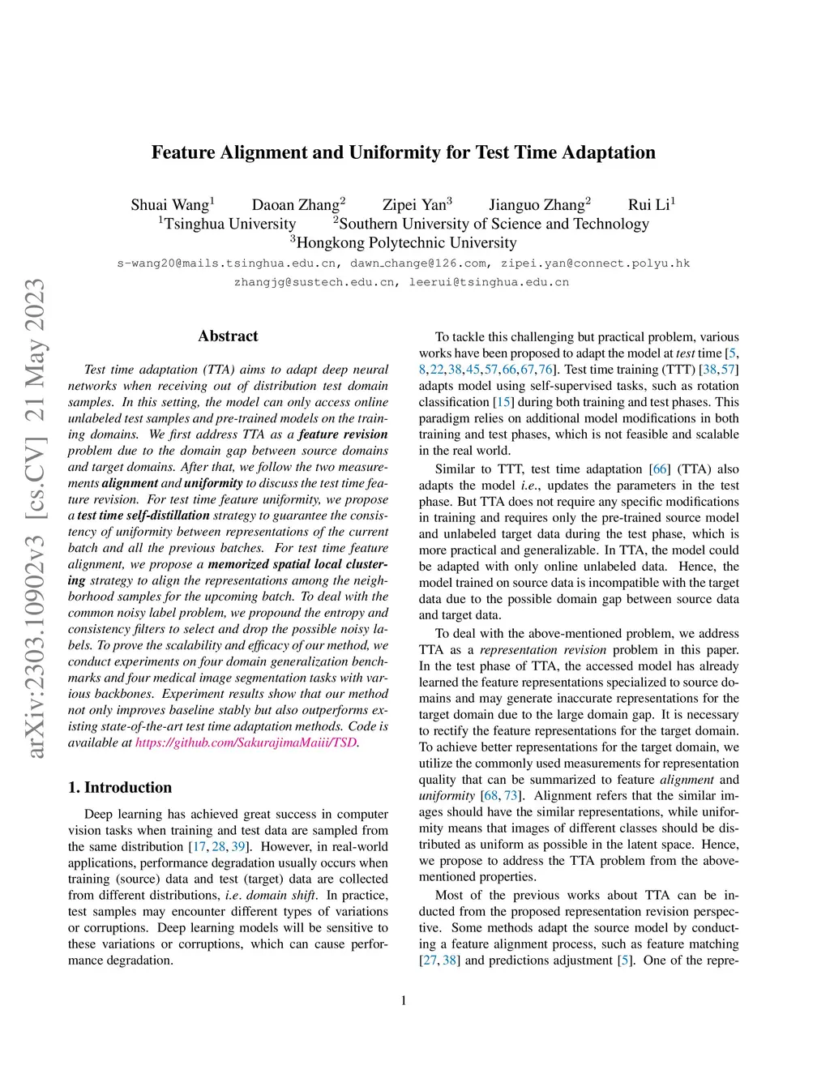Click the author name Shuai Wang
click(169, 205)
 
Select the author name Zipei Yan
click(414, 205)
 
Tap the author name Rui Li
click(648, 205)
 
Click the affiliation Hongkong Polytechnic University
click(405, 242)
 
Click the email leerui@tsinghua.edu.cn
click(489, 283)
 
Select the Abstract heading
click(228, 336)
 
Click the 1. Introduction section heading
click(120, 788)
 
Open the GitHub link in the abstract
click(246, 742)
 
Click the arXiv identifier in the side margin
click(36, 519)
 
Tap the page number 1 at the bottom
click(404, 1000)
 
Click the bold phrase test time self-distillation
click(143, 516)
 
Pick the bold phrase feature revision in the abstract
click(343, 434)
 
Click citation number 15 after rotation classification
click(503, 402)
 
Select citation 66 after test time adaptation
click(660, 469)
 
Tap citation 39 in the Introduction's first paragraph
click(238, 847)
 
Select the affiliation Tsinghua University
click(229, 224)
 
